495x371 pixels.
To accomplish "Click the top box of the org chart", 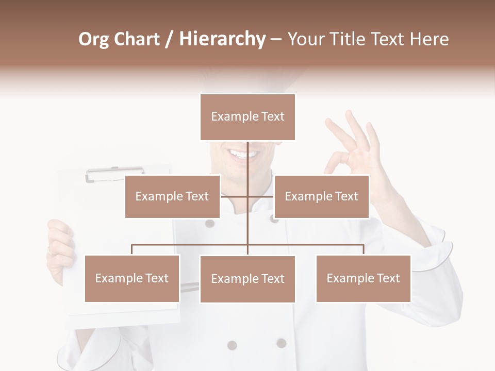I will tap(247, 117).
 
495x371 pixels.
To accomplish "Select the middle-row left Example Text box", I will tap(172, 196).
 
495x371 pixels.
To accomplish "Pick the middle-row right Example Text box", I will tap(321, 196).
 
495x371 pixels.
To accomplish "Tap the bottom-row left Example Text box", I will tap(132, 278).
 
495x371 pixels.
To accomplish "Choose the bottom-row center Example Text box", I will tap(247, 279).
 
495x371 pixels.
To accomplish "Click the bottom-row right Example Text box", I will tap(363, 278).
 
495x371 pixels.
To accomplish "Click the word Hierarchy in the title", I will tap(222, 39).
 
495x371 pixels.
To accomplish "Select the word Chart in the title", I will tap(136, 39).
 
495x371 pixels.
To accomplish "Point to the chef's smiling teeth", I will tap(241, 154).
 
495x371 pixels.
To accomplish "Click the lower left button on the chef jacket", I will tap(232, 345).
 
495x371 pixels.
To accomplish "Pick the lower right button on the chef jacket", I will tap(281, 343).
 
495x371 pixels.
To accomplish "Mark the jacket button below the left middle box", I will tap(209, 223).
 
